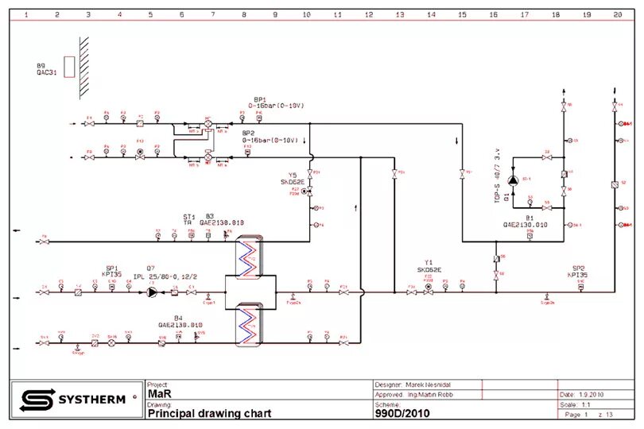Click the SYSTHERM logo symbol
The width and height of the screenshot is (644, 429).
pyautogui.click(x=36, y=399)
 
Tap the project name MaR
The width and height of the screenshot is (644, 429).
pyautogui.click(x=159, y=394)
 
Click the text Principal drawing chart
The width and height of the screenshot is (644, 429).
pyautogui.click(x=209, y=413)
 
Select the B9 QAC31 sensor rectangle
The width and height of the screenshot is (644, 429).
pyautogui.click(x=69, y=67)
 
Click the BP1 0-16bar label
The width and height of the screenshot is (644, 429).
pyautogui.click(x=276, y=102)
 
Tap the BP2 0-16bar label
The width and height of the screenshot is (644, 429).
pyautogui.click(x=270, y=136)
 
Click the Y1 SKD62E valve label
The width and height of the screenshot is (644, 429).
pyautogui.click(x=429, y=266)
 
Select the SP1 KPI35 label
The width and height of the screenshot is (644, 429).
pyautogui.click(x=111, y=271)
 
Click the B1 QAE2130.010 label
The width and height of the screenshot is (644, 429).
pyautogui.click(x=526, y=221)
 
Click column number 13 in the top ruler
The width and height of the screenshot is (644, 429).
pyautogui.click(x=399, y=14)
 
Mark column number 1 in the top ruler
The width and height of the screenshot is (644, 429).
pyautogui.click(x=25, y=14)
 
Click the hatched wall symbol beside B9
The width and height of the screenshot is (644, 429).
pyautogui.click(x=83, y=68)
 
